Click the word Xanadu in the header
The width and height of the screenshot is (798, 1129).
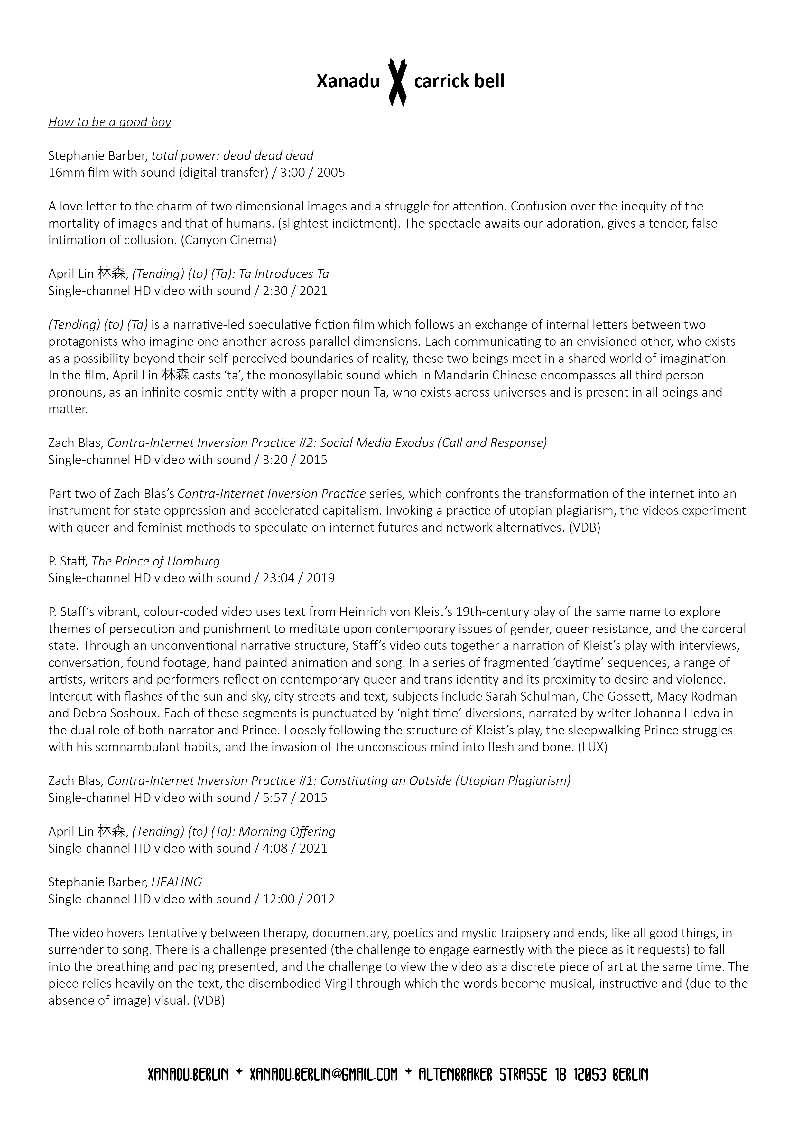click(x=348, y=82)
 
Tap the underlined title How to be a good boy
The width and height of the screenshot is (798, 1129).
click(x=110, y=122)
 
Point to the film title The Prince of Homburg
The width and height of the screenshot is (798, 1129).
click(x=156, y=561)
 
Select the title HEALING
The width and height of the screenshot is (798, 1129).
click(x=177, y=882)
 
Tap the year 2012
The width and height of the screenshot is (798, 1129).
click(x=320, y=899)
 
